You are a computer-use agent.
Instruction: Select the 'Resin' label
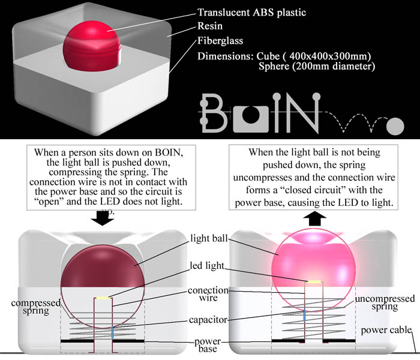coord(212,27)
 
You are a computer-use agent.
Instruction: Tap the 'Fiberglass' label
coord(224,42)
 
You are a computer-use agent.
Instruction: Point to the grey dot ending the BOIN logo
coord(395,126)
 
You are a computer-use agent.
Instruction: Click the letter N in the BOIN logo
coord(306,112)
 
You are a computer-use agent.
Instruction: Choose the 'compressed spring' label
coord(35,308)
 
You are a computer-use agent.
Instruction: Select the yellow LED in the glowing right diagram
coord(314,281)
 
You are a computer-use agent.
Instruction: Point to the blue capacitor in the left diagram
coord(112,332)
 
